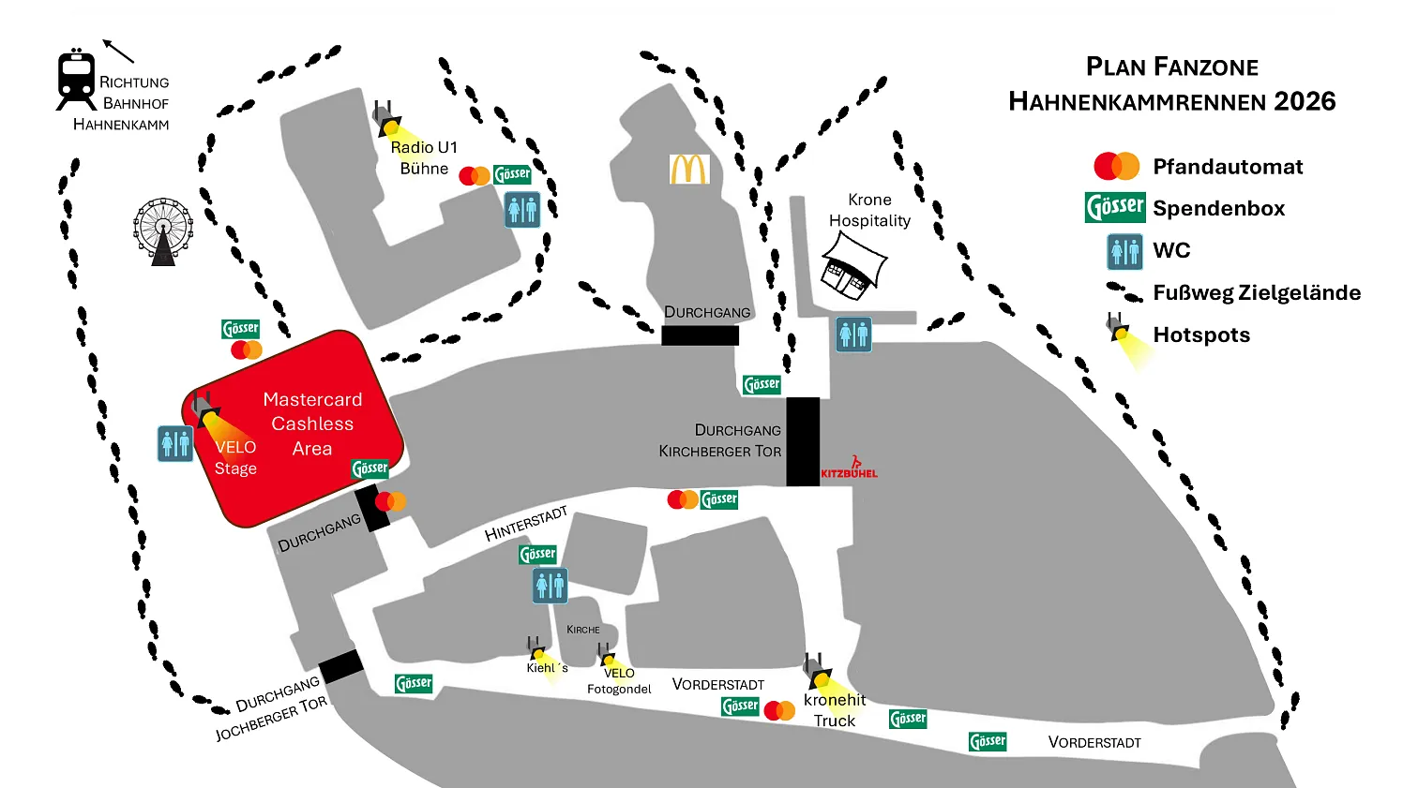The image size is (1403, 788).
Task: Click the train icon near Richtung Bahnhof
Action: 76,80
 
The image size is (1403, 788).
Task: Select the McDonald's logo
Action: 689,170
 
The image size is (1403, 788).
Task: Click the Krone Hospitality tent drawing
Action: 852,265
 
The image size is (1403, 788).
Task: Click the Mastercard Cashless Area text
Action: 312,424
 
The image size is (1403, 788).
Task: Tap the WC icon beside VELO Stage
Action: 175,443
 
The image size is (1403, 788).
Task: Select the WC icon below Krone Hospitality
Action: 853,335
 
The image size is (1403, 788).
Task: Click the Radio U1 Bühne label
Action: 424,157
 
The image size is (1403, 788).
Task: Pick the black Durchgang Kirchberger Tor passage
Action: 803,441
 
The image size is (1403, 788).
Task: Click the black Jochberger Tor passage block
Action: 340,666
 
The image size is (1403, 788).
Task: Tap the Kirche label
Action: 582,630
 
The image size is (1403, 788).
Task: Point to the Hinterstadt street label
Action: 526,524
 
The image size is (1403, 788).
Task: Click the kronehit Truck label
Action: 835,710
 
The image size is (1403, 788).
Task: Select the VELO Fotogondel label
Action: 619,681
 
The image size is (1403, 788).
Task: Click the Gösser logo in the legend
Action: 1115,207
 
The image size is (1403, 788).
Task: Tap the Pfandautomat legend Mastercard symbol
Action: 1116,166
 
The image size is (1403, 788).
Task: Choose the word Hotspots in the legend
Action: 1201,335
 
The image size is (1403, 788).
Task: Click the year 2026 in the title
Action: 1305,101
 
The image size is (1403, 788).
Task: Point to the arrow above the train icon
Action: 118,51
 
